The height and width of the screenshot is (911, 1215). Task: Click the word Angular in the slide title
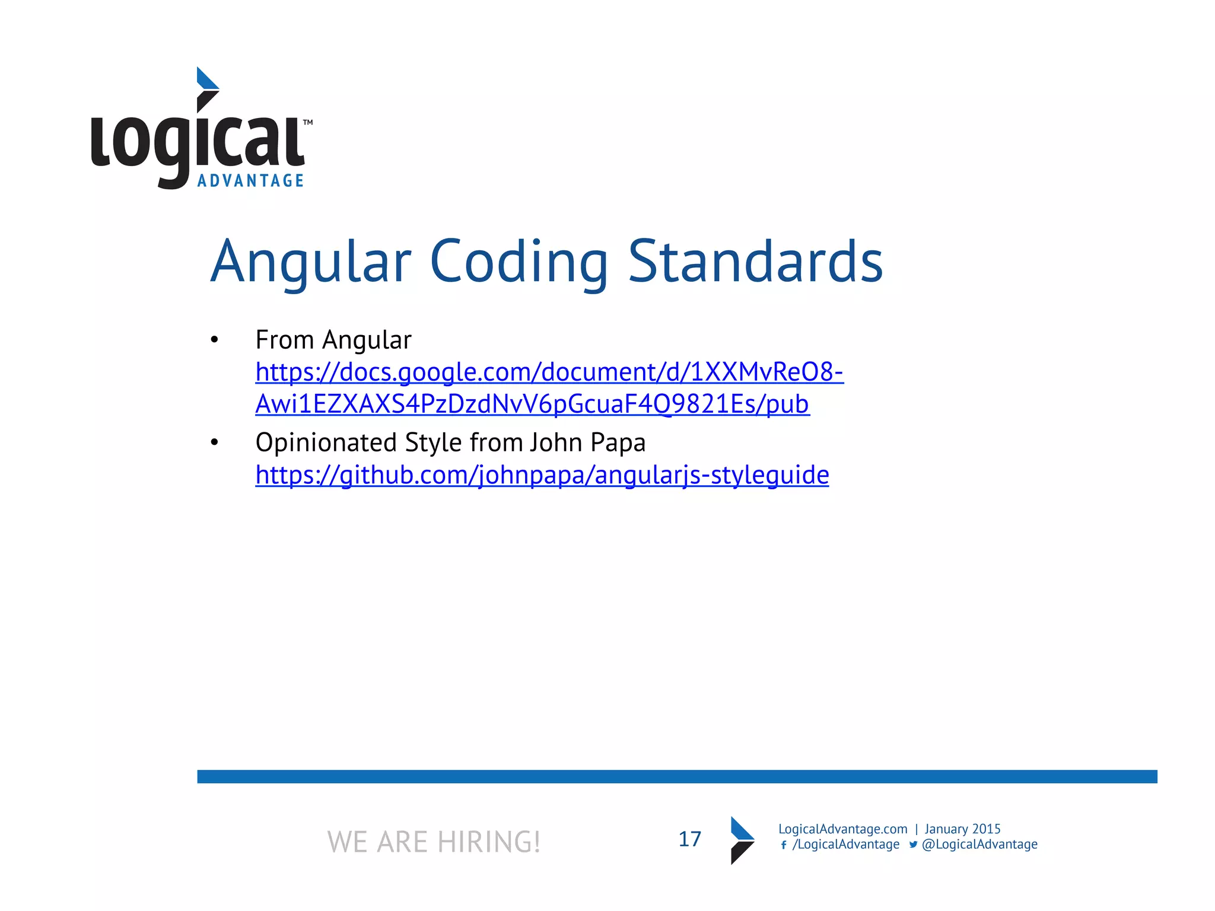311,262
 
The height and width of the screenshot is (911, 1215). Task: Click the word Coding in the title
519,262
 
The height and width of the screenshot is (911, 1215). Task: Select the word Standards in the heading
755,262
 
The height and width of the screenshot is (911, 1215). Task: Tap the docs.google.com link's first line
549,372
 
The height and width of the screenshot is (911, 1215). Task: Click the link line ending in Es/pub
532,404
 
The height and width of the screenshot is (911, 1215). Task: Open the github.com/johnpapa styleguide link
542,475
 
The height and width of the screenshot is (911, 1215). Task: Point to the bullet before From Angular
214,340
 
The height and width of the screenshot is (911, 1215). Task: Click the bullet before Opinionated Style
214,442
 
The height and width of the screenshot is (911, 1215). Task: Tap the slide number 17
689,839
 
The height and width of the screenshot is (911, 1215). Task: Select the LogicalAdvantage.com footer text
842,829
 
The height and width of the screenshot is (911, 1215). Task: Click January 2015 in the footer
962,829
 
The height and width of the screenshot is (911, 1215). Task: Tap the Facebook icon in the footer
784,845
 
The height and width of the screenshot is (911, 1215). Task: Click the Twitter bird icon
913,845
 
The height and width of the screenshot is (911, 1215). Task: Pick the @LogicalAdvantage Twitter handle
979,845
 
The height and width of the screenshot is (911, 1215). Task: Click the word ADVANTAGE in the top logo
250,181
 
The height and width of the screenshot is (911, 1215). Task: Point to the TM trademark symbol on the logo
308,123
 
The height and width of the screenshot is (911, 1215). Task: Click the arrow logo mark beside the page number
742,840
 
